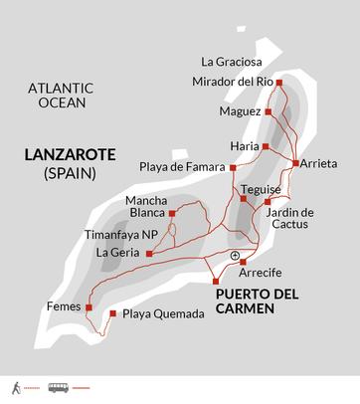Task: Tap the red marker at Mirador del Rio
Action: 278,83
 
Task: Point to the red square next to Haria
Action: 266,146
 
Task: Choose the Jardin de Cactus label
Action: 290,219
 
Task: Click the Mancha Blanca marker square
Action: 172,213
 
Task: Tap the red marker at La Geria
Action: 148,254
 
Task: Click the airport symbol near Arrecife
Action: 235,256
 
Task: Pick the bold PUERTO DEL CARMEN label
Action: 260,301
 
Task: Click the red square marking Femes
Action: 90,307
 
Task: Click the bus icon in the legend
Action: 60,387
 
